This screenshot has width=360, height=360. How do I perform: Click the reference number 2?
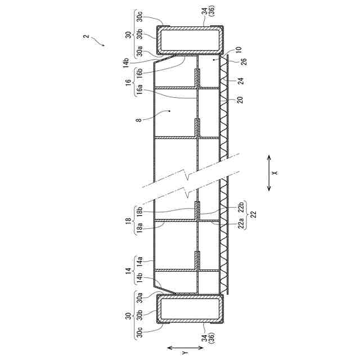point(86,37)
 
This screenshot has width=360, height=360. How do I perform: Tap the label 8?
point(139,120)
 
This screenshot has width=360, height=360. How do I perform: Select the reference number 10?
point(238,49)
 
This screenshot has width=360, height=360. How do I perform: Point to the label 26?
point(244,62)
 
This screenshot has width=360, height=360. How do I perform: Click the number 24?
point(240,81)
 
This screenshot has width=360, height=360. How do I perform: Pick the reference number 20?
point(240,100)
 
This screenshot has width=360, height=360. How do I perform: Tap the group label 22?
point(254,214)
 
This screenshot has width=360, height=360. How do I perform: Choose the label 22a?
point(240,223)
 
